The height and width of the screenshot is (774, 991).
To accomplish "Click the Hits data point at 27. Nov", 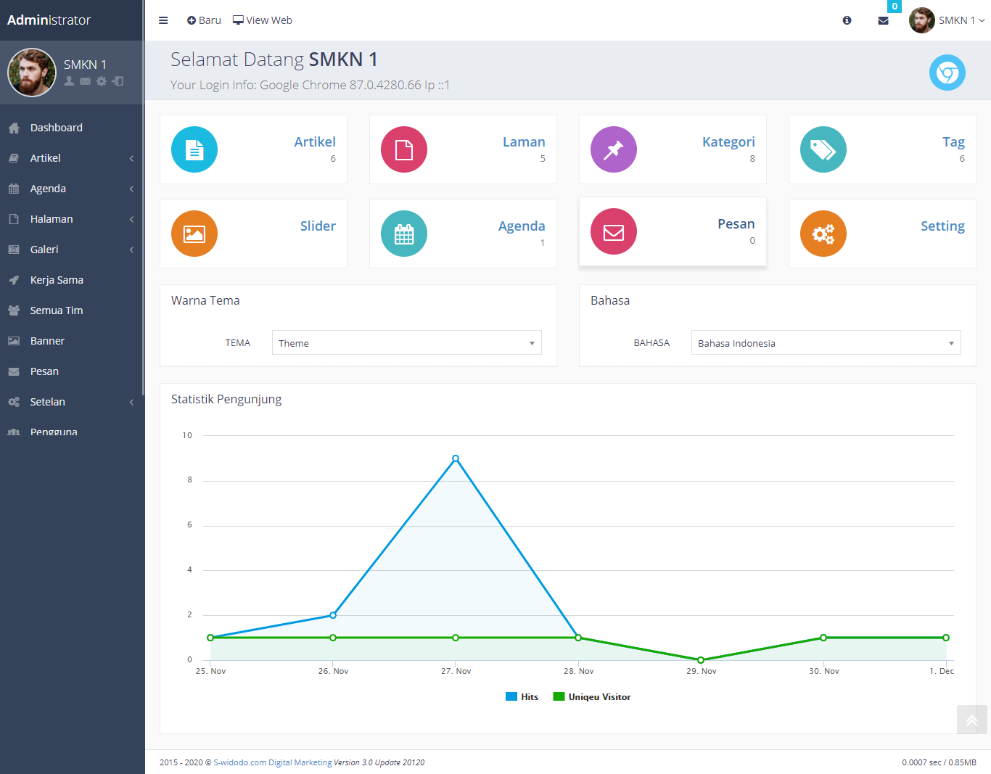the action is [455, 458].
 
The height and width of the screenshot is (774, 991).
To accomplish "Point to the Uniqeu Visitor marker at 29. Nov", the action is [701, 659].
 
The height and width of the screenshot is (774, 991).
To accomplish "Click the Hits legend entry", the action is [522, 696].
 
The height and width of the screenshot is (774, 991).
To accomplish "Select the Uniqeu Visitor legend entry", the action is [591, 696].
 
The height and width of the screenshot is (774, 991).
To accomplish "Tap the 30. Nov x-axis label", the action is [823, 671].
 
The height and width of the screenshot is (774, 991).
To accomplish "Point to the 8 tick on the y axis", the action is [190, 479].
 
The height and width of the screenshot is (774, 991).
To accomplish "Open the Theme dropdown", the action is [406, 343].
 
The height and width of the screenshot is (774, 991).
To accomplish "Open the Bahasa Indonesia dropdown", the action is [826, 343].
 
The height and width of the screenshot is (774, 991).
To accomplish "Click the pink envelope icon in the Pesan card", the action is [613, 231].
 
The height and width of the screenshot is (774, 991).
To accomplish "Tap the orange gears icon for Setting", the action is [823, 234].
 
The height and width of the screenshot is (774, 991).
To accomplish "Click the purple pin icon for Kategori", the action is [613, 149].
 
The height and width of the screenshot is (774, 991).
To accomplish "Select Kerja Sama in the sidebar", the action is [57, 280].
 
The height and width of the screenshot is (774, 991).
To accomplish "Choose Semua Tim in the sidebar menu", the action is [57, 310].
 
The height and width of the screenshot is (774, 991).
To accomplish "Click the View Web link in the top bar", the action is [262, 20].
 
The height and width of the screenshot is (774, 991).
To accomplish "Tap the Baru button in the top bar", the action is [204, 20].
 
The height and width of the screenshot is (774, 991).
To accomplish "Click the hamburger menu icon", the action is [163, 20].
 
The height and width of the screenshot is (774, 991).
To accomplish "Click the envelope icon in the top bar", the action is [883, 20].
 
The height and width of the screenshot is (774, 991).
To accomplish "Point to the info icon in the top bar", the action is [847, 20].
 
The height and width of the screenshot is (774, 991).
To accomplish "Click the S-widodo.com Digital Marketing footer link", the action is [273, 762].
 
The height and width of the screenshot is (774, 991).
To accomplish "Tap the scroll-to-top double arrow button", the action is [971, 720].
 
